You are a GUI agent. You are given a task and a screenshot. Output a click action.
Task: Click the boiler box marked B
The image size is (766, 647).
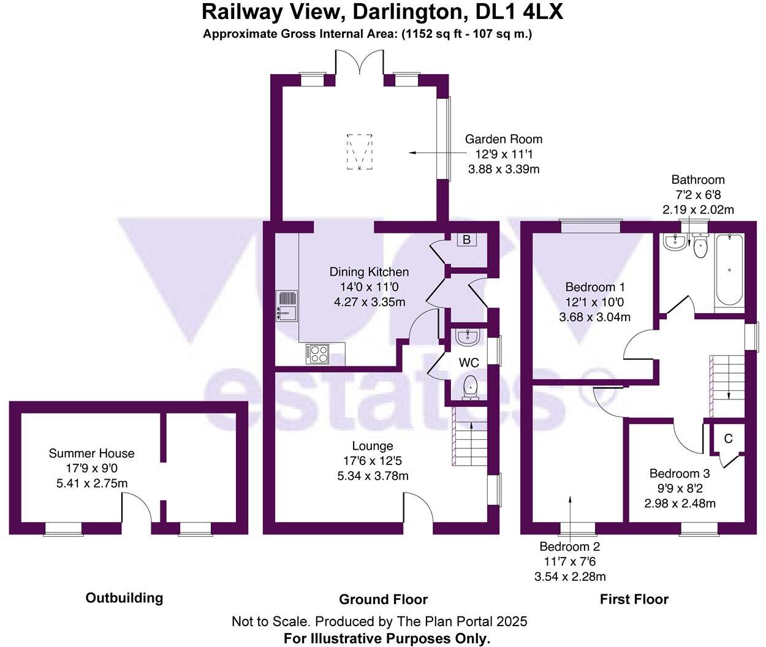(x=466, y=240)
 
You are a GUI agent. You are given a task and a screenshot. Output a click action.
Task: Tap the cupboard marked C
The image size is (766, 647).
(x=728, y=439)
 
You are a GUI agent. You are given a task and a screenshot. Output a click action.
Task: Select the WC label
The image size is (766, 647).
(x=469, y=363)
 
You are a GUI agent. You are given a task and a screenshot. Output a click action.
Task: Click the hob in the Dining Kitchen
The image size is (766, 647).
(x=317, y=354)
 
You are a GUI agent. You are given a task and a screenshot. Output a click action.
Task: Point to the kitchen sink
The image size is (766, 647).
(x=286, y=305)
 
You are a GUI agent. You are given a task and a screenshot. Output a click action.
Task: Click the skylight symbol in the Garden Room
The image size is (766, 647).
(x=359, y=151)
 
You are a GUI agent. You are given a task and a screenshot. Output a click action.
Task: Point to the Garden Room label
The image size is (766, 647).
(x=503, y=139)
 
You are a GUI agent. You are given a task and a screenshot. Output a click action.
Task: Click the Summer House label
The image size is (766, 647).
(x=91, y=453)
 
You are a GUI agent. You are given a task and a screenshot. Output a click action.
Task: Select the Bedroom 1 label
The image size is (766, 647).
(x=594, y=287)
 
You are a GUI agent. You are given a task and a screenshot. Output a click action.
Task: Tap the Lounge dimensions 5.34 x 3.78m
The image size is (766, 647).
(x=373, y=476)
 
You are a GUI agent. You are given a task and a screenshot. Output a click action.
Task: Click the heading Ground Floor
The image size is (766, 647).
(x=383, y=599)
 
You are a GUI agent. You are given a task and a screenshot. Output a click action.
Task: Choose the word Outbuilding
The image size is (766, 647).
(x=124, y=597)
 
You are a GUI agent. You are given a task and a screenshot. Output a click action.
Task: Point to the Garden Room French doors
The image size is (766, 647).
(x=359, y=64)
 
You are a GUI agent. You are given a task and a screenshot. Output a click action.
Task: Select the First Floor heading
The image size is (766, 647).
(x=634, y=599)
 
